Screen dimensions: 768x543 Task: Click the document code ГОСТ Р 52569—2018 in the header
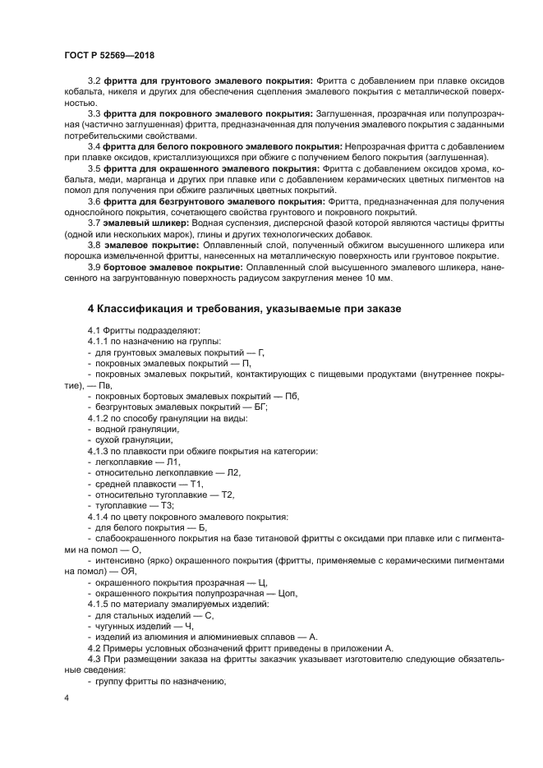109,55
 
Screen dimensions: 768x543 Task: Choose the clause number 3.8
94,245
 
